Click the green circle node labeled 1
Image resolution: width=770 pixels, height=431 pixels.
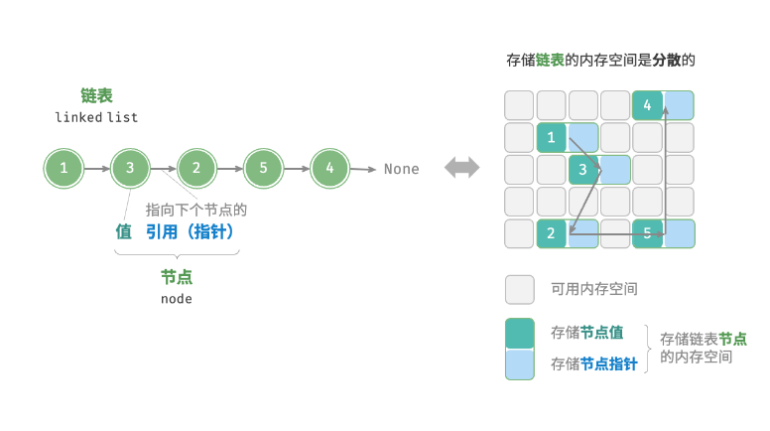coord(64,169)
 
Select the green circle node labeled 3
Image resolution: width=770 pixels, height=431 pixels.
coord(130,169)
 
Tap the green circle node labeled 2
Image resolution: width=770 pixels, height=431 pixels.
coord(196,169)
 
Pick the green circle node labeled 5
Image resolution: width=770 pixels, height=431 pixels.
coord(263,169)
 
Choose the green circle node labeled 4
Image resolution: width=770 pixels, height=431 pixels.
coord(329,169)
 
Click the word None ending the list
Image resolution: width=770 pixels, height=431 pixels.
coord(401,169)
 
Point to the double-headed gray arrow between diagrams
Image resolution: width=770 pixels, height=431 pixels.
coord(461,168)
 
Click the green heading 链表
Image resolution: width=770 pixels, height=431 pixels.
coord(96,95)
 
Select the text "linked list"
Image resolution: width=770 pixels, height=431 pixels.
coord(96,117)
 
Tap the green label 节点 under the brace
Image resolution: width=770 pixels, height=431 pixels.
coord(177,277)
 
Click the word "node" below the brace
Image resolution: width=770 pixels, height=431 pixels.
coord(177,298)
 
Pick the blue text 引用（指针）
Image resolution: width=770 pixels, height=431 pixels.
coord(191,231)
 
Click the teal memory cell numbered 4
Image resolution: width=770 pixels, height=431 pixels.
coord(648,105)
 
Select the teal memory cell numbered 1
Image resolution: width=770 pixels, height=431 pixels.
coord(552,137)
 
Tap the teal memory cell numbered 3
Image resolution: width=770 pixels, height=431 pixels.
coord(583,170)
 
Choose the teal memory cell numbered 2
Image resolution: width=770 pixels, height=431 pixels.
coord(552,233)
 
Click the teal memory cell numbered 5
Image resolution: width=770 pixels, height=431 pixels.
coord(648,233)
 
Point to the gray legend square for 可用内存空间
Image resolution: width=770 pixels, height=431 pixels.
coord(520,289)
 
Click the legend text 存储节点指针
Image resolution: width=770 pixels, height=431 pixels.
coord(593,364)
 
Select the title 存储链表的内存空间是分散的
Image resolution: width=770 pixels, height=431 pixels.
coord(600,61)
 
